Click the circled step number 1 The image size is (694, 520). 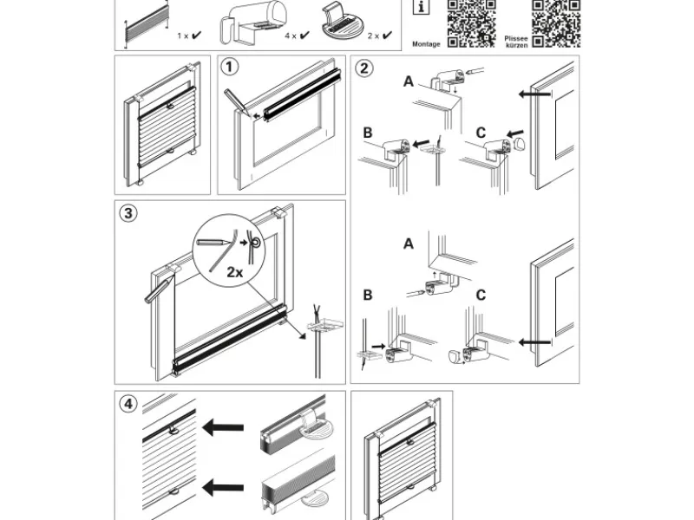tap(230, 68)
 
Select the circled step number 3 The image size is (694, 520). tap(128, 214)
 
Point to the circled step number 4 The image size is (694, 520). tap(128, 404)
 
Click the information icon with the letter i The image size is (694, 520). tap(421, 9)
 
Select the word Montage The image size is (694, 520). tap(427, 43)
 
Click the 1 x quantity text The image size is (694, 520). tap(183, 36)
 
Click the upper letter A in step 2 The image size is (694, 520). tap(408, 81)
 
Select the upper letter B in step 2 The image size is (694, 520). tap(368, 133)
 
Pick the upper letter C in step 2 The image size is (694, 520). tap(481, 133)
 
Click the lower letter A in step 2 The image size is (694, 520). tap(408, 244)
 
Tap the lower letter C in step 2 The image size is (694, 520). tap(481, 296)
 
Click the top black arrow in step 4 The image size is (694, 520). tap(222, 427)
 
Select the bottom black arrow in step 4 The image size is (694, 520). tap(222, 488)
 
